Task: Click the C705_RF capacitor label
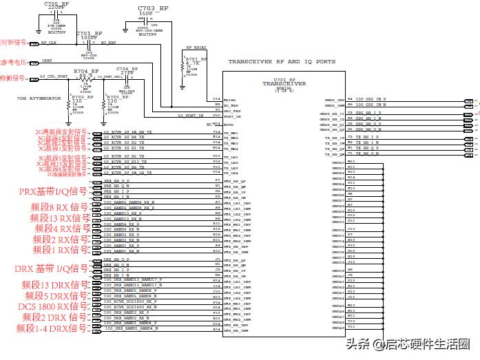pyautogui.click(x=56, y=3)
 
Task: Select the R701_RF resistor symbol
pyautogui.click(x=181, y=67)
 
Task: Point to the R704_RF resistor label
pyautogui.click(x=85, y=71)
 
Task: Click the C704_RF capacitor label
pyautogui.click(x=127, y=70)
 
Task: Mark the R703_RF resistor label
pyautogui.click(x=72, y=97)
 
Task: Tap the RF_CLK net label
pyautogui.click(x=49, y=43)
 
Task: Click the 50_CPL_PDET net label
pyautogui.click(x=53, y=76)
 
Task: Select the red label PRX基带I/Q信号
pyautogui.click(x=53, y=191)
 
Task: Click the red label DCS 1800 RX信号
pyautogui.click(x=54, y=306)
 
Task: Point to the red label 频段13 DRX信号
pyautogui.click(x=54, y=284)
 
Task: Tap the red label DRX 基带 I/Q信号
pyautogui.click(x=51, y=268)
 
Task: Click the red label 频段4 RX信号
pyautogui.click(x=62, y=228)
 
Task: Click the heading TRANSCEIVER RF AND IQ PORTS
pyautogui.click(x=282, y=61)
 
